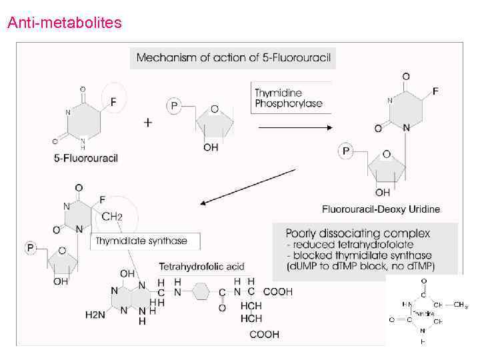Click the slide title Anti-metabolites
64,23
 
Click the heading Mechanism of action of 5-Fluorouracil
233,58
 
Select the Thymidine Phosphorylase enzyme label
288,99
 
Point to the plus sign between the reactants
148,123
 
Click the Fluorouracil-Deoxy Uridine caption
381,209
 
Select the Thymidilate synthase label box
141,241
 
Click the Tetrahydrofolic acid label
201,267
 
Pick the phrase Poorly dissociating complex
358,234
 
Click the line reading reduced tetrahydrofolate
351,245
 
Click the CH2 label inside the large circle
111,217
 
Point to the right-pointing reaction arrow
294,127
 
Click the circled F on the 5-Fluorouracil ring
113,102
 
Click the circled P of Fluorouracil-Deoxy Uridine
345,152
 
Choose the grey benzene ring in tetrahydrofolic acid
199,291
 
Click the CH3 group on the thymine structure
459,305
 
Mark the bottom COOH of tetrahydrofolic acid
264,335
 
